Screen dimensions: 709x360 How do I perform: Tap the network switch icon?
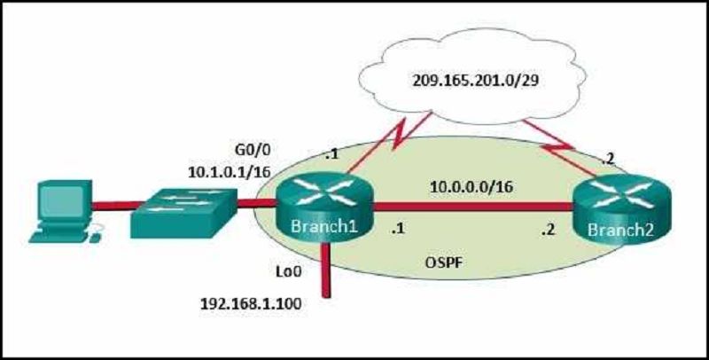point(184,212)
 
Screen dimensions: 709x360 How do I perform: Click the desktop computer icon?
point(64,211)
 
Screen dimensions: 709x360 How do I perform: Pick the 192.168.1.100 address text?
point(251,303)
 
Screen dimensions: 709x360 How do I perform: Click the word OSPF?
point(445,262)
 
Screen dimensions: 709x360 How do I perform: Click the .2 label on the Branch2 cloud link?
point(609,158)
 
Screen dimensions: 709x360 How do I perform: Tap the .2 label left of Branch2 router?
point(548,231)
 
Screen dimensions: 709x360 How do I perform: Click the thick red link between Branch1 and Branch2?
point(473,207)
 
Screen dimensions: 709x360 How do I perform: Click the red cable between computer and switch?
point(114,207)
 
